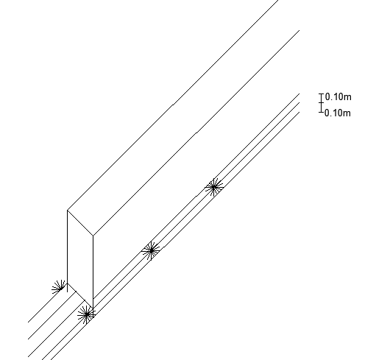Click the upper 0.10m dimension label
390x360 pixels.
pos(338,96)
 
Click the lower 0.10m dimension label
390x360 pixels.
pos(338,113)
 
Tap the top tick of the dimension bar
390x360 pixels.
pos(322,94)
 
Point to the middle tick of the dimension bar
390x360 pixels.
pos(322,103)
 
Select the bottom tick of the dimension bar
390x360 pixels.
pos(322,112)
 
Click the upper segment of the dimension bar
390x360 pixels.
pos(322,98)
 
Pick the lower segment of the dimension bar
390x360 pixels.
pos(322,107)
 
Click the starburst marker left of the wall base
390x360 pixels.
pos(60,289)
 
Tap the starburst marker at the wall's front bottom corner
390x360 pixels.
pos(87,314)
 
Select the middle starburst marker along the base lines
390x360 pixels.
pos(151,250)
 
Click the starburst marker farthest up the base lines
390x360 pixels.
pos(213,187)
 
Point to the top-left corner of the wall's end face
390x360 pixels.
pos(67,211)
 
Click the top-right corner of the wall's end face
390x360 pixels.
pos(93,236)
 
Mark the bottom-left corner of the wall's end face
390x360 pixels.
pos(67,283)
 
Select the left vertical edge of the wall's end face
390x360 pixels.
pos(67,247)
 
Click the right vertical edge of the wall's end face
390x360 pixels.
pos(93,272)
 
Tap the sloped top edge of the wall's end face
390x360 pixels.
pos(80,222)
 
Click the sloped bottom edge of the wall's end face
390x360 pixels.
pos(80,296)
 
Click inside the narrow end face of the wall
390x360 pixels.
pos(80,259)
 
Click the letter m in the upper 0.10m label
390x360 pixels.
pos(348,97)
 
